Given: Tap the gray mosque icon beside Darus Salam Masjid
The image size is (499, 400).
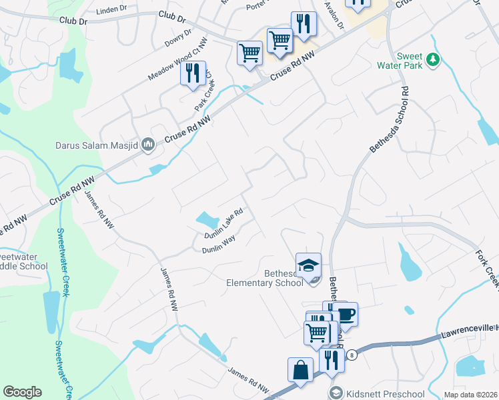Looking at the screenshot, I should tap(148, 143).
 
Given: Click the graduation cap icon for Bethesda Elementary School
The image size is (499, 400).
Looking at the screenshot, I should tap(308, 266).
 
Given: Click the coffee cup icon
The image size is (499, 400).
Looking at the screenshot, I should tap(345, 313).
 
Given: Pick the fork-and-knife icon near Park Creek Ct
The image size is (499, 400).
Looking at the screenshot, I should tap(193, 73).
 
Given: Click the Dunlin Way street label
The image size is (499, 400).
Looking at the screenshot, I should tap(219, 247).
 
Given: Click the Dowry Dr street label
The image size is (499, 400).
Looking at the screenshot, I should tap(178, 39).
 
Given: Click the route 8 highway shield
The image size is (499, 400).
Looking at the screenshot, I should tap(352, 355).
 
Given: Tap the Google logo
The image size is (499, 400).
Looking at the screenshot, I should tap(22, 392).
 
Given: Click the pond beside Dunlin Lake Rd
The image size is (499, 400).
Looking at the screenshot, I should tap(207, 219).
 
